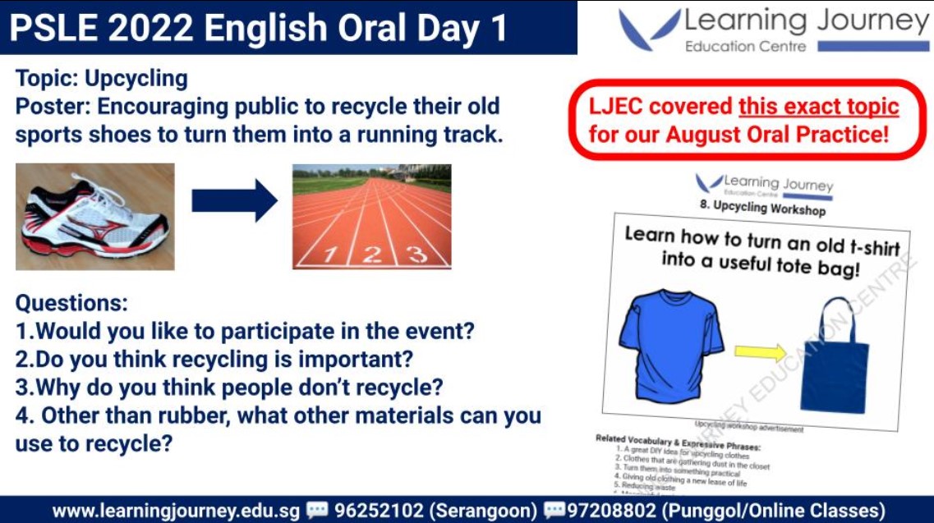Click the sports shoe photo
94,217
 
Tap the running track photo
371,217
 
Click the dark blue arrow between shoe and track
234,201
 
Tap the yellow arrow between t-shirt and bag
761,353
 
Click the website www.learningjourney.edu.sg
177,510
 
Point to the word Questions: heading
71,304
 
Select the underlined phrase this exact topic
818,107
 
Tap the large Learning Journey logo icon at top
649,30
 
